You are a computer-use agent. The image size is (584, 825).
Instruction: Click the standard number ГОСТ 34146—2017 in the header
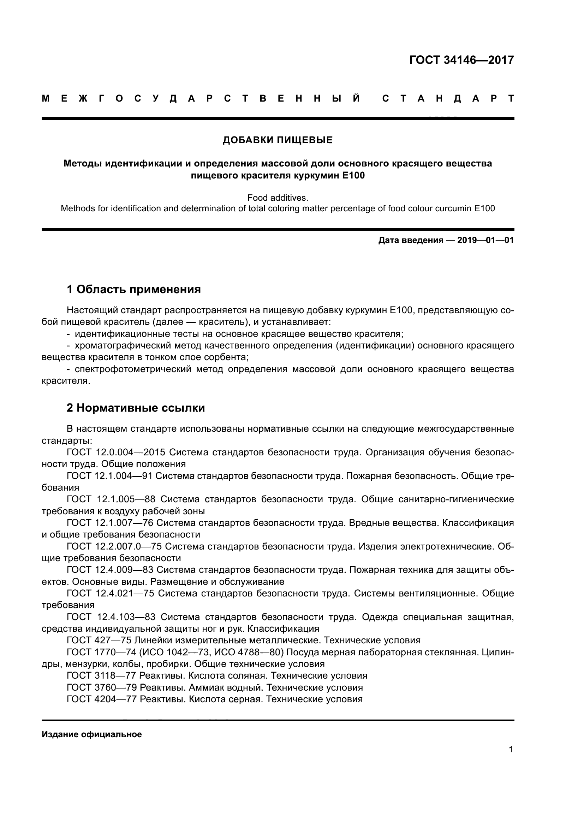tap(461, 60)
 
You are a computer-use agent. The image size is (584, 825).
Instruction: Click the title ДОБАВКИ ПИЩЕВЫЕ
tap(278, 140)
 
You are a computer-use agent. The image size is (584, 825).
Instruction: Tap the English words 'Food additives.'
tap(278, 198)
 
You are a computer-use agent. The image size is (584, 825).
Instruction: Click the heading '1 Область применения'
tap(134, 289)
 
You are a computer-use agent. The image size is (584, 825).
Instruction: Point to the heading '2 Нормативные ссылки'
tap(136, 408)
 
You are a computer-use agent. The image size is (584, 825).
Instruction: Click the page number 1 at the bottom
tap(511, 750)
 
